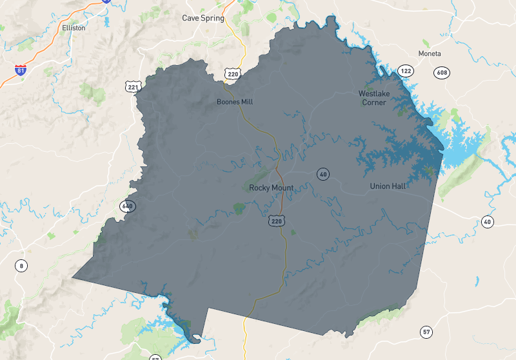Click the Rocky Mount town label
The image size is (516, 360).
click(271, 188)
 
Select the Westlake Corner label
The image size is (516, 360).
click(374, 98)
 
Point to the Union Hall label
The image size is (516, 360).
click(388, 186)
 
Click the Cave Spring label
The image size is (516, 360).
click(203, 18)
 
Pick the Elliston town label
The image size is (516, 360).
click(73, 28)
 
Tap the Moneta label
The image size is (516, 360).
click(430, 53)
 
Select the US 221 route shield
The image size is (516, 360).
click(134, 86)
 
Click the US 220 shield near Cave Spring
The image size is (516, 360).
click(233, 74)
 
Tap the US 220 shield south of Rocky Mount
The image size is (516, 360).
click(277, 221)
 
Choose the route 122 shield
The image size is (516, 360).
click(406, 70)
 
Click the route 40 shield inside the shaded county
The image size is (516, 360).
click(323, 174)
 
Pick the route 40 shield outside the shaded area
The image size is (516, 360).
click(488, 222)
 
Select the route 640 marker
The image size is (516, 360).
click(127, 206)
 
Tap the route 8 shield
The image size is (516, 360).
click(22, 265)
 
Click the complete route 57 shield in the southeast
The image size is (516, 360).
click(426, 332)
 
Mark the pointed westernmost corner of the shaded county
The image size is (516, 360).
click(72, 279)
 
